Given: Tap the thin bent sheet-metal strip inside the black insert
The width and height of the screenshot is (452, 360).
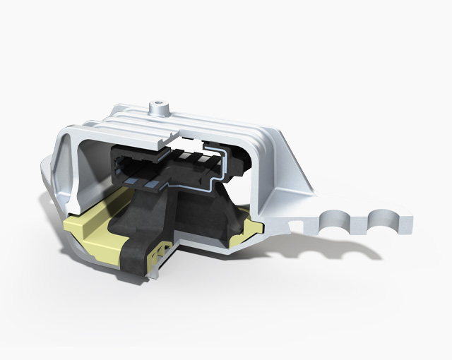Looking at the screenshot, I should coord(212,169).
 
